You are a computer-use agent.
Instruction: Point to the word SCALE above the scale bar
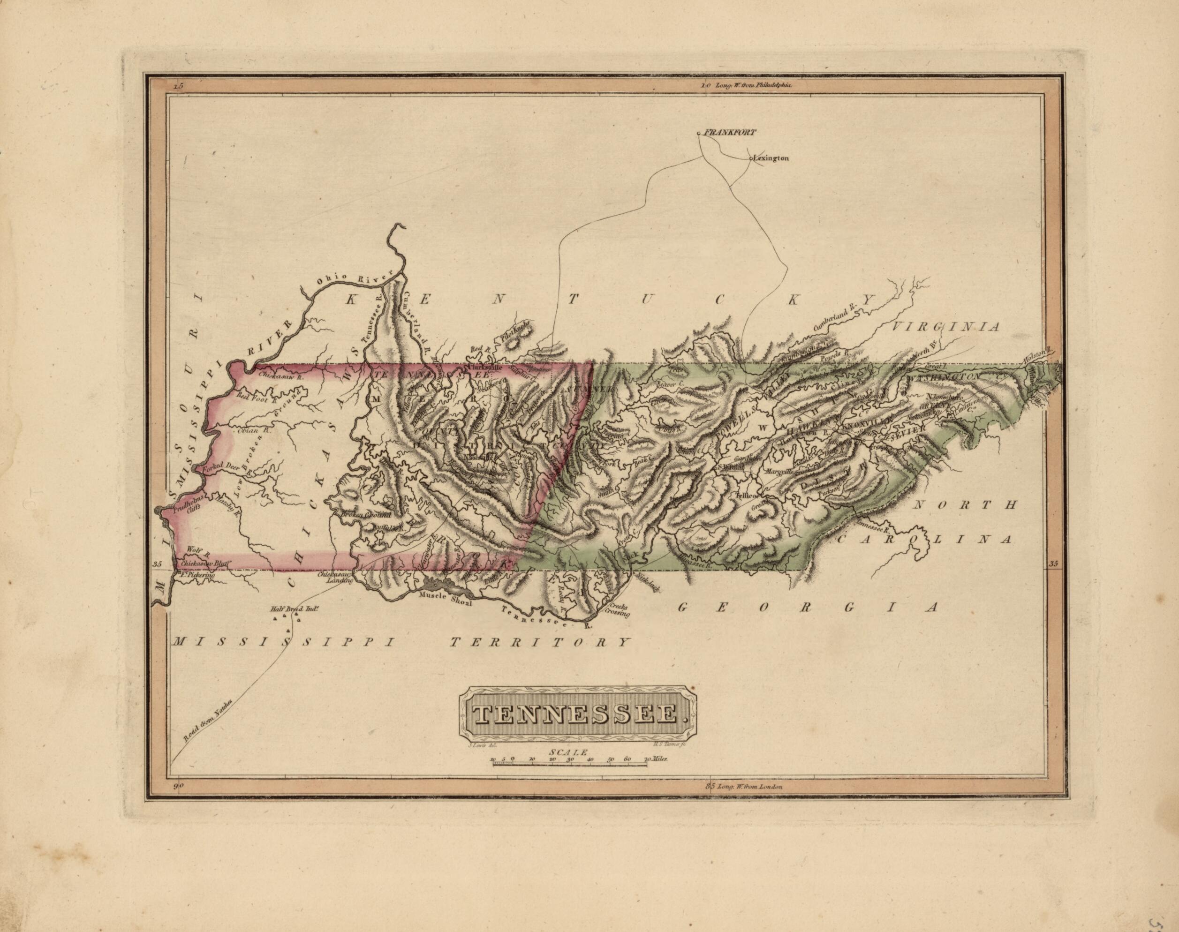pos(569,752)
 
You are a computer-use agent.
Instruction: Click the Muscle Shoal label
pos(444,596)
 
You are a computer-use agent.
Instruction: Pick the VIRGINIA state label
pos(946,326)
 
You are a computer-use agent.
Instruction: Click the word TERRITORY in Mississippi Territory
pos(540,643)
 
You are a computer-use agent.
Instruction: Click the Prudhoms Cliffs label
pos(189,502)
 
